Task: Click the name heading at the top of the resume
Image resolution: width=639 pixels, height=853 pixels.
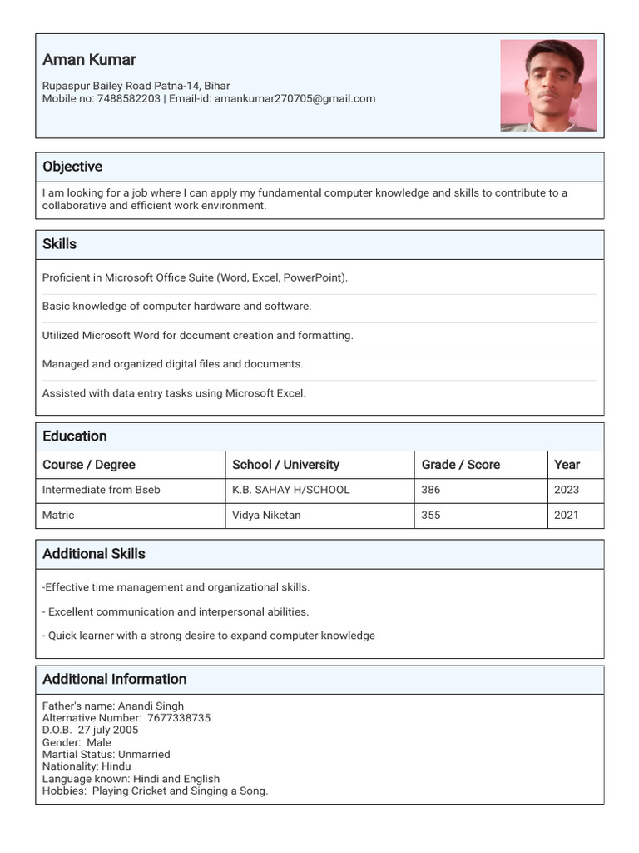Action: [x=89, y=60]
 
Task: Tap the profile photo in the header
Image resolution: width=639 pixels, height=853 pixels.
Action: [x=548, y=86]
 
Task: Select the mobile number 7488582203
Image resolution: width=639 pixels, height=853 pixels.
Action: [x=128, y=98]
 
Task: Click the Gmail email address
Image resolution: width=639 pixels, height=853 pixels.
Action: [x=295, y=98]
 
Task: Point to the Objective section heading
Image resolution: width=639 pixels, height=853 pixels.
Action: [x=72, y=167]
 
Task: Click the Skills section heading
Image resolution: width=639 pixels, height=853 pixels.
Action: [x=59, y=244]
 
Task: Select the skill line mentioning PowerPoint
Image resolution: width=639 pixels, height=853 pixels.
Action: [x=195, y=277]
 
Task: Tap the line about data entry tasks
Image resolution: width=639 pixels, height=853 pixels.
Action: [x=174, y=393]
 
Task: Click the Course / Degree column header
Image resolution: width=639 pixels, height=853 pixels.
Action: [x=89, y=465]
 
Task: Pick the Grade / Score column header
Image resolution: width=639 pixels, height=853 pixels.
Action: [x=460, y=465]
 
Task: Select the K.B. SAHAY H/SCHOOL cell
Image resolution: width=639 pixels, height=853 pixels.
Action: [x=290, y=490]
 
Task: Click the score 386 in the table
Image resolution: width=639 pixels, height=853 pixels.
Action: [x=430, y=490]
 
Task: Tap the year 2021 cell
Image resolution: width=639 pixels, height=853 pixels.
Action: [x=566, y=515]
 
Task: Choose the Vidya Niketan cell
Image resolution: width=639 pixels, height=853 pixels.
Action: [x=266, y=515]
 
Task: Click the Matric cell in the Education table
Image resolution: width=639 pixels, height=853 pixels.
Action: [x=58, y=515]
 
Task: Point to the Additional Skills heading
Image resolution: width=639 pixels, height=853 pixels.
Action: [x=94, y=554]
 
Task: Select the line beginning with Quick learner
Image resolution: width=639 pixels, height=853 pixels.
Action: [x=209, y=636]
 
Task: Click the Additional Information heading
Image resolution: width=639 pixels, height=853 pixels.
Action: [x=114, y=679]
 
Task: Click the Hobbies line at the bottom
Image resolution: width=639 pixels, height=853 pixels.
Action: [x=155, y=791]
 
